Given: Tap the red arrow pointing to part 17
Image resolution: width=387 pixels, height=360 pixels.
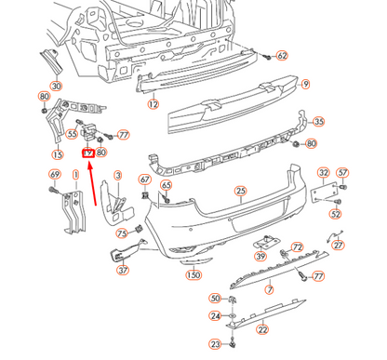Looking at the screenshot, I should click(94, 180).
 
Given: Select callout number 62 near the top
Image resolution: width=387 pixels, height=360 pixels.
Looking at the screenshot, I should click(283, 56).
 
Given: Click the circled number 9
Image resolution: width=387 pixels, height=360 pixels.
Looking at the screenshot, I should click(304, 85).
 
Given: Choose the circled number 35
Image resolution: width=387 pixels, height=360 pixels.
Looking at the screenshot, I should click(318, 121).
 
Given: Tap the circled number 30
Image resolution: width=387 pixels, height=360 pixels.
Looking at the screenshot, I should click(56, 87).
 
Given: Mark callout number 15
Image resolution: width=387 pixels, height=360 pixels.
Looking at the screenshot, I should click(58, 155).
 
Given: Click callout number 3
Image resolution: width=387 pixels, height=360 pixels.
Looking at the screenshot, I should click(118, 175).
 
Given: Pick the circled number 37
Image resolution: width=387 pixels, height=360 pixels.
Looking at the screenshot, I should click(122, 271).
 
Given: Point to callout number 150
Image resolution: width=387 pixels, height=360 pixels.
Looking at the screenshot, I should click(193, 275).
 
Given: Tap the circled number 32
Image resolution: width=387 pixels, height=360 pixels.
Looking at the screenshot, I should click(323, 172).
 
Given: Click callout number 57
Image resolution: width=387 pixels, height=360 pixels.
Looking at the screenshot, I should click(341, 172).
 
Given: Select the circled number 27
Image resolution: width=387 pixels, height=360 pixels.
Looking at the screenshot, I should click(339, 245).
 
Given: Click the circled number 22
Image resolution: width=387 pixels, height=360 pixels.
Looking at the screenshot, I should click(262, 327).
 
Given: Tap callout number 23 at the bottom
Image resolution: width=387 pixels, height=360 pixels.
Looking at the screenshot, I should click(215, 344).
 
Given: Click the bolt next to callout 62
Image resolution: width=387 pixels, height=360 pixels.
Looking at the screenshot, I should click(265, 56).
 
